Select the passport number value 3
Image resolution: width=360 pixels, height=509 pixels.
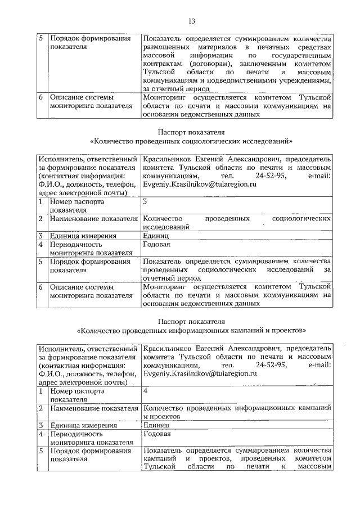[x=145, y=201]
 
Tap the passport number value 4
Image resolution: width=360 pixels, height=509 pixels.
[x=146, y=390]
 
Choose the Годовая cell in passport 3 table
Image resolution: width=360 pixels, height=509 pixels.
[x=157, y=245]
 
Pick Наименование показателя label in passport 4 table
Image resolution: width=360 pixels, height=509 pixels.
[x=93, y=408]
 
